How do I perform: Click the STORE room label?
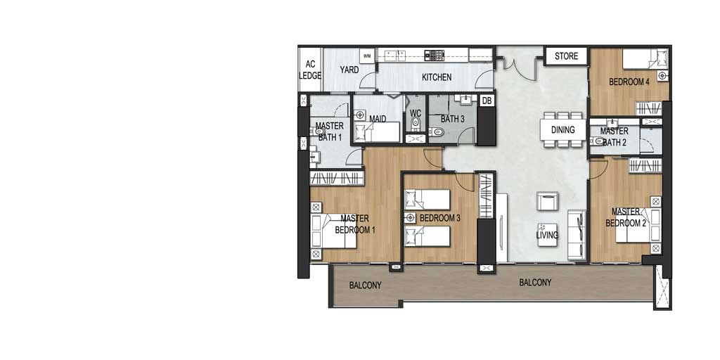click(x=566, y=56)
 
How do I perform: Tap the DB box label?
click(x=487, y=100)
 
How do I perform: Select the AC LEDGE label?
click(x=310, y=70)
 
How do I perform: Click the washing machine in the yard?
click(x=367, y=56)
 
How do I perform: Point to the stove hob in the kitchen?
click(x=435, y=56)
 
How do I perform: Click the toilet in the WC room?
click(x=416, y=122)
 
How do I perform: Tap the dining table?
click(x=563, y=130)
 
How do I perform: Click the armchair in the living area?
click(x=548, y=201)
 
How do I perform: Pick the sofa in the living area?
click(x=577, y=235)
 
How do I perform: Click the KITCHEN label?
click(x=437, y=77)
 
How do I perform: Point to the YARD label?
click(x=349, y=70)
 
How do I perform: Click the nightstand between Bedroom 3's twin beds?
click(x=410, y=218)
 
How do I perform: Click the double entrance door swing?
click(x=520, y=64)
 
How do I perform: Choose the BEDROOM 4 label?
click(x=629, y=82)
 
